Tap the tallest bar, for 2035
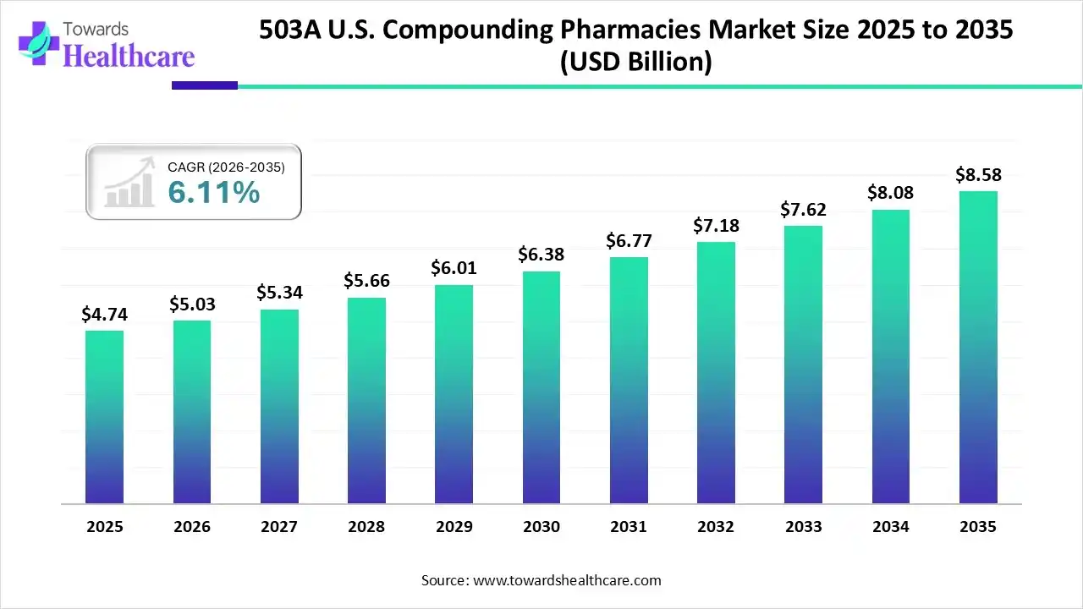tap(978, 348)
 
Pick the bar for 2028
tap(366, 401)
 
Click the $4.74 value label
tap(104, 315)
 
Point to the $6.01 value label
tap(454, 268)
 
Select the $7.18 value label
tap(716, 226)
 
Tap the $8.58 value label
tap(978, 175)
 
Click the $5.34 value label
tap(279, 293)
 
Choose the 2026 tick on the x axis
tap(192, 527)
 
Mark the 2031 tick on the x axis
tap(629, 527)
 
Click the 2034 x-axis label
tap(891, 527)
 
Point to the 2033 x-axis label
tap(803, 527)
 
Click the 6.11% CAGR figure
tap(213, 193)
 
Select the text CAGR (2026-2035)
tap(226, 167)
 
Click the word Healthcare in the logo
tap(129, 57)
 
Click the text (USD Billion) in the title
tap(635, 62)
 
